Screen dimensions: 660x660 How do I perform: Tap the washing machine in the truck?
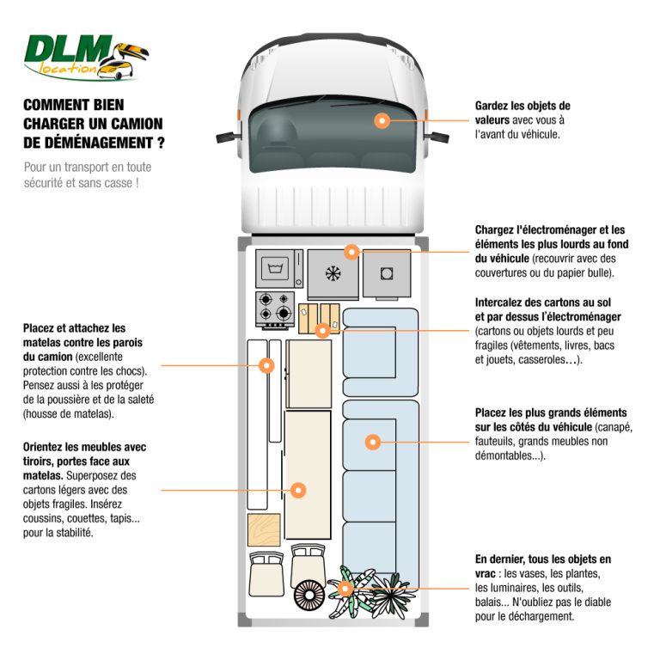tap(279, 269)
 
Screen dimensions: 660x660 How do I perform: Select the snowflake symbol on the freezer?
tap(332, 273)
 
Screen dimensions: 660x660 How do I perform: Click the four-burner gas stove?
tap(276, 309)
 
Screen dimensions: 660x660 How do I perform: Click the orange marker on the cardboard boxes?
tap(322, 330)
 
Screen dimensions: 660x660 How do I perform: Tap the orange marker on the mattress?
tap(266, 365)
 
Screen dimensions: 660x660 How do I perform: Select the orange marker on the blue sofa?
tap(372, 442)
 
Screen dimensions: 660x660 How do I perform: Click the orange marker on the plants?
tap(345, 589)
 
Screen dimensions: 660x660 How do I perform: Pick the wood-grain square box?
tap(264, 529)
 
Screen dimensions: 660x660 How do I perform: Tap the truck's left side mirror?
tap(225, 135)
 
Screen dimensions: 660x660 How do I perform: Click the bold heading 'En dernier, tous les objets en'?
tap(542, 559)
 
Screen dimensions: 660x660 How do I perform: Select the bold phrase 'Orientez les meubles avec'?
tap(84, 448)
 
